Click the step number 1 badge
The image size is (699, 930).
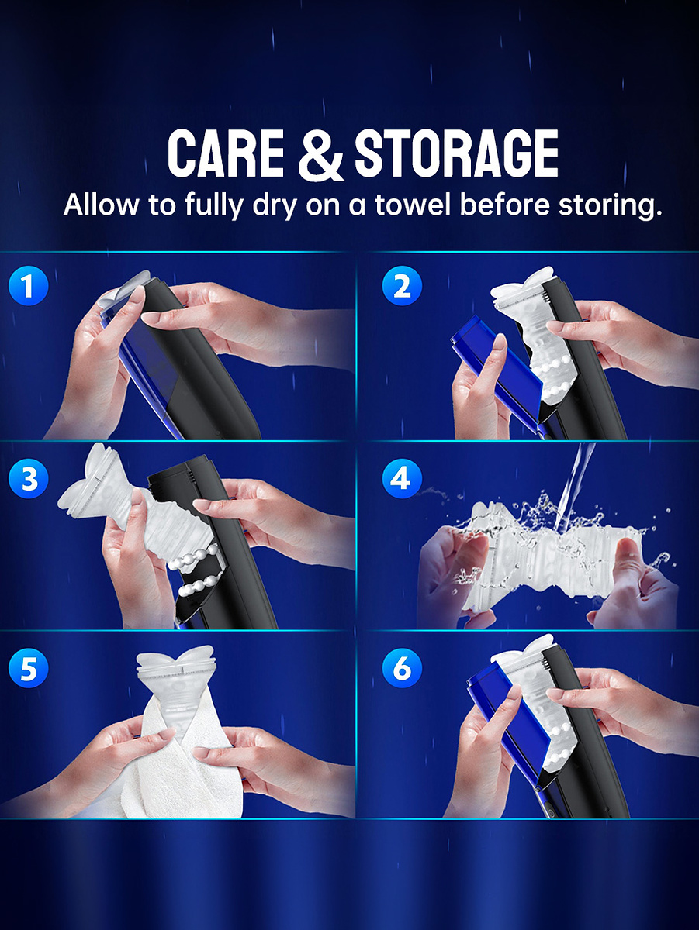tap(29, 286)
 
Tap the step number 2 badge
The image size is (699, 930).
tap(402, 286)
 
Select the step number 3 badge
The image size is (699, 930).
tap(29, 478)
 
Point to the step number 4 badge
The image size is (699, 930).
tap(402, 478)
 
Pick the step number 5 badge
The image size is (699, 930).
tap(29, 668)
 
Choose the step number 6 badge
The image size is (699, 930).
tap(402, 668)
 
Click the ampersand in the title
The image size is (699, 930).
tap(320, 153)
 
